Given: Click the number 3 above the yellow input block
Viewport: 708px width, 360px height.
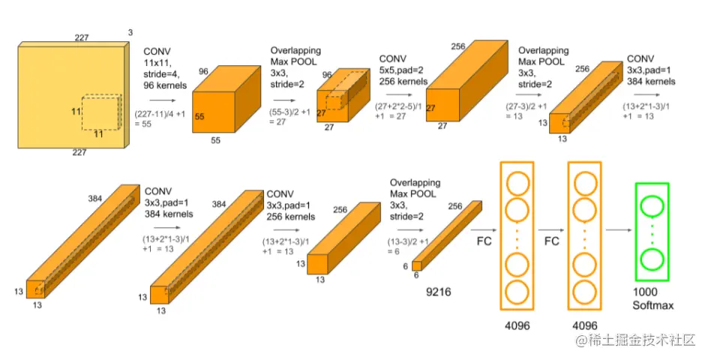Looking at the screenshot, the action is (130, 32).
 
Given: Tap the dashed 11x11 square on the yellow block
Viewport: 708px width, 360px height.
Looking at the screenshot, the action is (82, 112).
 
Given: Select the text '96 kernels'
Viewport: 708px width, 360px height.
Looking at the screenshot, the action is (165, 85).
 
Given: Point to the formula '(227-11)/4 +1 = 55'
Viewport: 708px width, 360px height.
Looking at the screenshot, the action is (160, 118).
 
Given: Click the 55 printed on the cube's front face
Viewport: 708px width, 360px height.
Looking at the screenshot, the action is (199, 116).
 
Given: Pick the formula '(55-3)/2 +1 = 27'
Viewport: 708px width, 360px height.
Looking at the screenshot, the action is (290, 116).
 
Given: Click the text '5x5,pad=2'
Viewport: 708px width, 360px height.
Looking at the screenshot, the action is (402, 70).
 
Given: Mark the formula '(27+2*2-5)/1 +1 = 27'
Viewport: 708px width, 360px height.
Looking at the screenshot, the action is (398, 111).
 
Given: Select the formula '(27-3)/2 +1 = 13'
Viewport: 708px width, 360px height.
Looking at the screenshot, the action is (526, 111).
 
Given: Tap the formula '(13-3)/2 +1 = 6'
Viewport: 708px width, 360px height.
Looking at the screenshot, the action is (408, 246).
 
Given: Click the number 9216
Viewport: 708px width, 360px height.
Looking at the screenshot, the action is (439, 292).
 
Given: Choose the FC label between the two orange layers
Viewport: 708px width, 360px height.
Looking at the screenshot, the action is (551, 241).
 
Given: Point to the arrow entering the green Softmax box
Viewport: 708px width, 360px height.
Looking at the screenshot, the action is (619, 230).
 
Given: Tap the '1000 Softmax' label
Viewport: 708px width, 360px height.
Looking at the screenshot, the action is (653, 298).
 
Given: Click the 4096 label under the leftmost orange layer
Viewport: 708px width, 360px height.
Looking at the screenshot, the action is (517, 325).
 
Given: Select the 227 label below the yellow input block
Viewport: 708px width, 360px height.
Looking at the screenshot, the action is (79, 153).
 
